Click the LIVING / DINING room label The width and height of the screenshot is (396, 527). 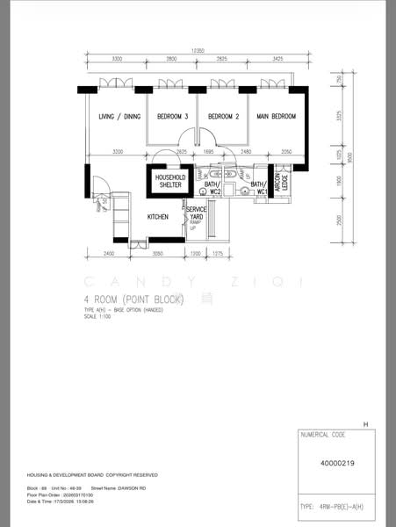coord(119,117)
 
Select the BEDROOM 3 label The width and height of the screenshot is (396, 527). coord(172,117)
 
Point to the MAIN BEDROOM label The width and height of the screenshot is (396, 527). coord(276,117)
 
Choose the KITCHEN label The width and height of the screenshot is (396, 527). coord(158,216)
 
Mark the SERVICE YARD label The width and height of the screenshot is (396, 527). coord(197,213)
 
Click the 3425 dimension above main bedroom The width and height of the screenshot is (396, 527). coord(277,59)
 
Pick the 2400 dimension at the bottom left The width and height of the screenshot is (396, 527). coord(108,253)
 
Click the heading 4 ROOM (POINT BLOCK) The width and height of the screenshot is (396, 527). coord(133,300)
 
